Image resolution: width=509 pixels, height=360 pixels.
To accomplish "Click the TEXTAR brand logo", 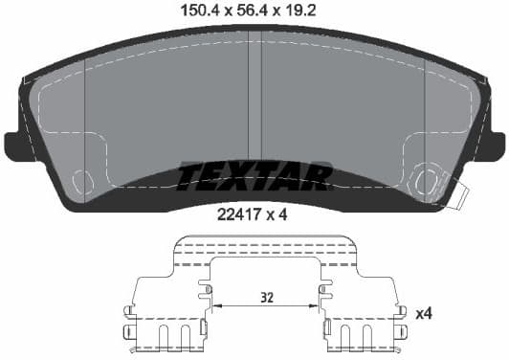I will tap(254, 176).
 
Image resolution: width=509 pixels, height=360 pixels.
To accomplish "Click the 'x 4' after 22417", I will tap(278, 215).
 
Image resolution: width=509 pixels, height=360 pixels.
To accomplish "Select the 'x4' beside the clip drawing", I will tap(423, 313).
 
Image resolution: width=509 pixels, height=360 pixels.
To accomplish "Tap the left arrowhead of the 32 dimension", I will tap(215, 306).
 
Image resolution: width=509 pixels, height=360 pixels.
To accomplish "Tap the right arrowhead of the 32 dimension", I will tap(317, 306).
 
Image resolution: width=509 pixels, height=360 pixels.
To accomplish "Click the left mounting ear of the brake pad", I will tap(16, 145).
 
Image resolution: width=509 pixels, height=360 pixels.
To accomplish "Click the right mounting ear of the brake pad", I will tap(492, 145).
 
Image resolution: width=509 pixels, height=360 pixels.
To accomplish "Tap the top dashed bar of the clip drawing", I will tap(265, 245).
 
